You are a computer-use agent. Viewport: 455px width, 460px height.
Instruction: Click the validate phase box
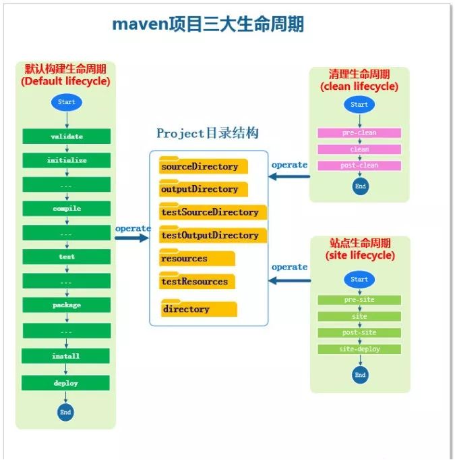click(x=66, y=136)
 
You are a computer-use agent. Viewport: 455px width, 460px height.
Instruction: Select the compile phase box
click(x=66, y=208)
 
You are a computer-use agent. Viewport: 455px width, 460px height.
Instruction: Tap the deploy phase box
click(x=66, y=383)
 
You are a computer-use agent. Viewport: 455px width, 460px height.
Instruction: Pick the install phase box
click(x=66, y=356)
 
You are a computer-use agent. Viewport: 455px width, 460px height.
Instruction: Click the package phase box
click(x=66, y=305)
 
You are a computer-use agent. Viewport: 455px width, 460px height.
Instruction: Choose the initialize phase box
click(x=66, y=161)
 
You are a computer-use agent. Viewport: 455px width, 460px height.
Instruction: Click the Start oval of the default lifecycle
click(x=66, y=103)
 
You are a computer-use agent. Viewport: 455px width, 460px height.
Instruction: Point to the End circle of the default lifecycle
click(x=65, y=412)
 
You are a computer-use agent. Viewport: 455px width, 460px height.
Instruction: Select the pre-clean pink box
click(x=359, y=133)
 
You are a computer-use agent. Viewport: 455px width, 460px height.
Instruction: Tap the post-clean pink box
click(x=359, y=165)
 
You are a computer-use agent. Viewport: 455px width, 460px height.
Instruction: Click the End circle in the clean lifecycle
click(x=360, y=186)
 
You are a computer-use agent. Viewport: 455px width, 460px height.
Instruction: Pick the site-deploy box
click(x=359, y=349)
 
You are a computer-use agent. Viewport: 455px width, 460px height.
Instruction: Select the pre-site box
click(x=359, y=300)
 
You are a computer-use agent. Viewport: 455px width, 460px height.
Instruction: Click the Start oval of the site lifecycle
click(x=359, y=280)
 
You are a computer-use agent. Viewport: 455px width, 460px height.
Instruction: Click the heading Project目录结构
click(x=208, y=134)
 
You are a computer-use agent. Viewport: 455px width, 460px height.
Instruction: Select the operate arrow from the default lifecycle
click(x=132, y=237)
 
